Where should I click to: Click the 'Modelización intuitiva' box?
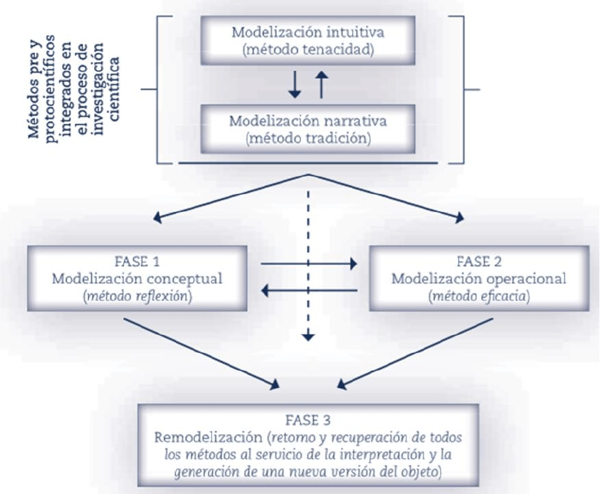(307, 41)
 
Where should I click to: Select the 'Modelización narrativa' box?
(307, 128)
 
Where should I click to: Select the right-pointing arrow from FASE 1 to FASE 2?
(308, 263)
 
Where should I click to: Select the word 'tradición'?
(337, 137)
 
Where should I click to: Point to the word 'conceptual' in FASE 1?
(188, 278)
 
